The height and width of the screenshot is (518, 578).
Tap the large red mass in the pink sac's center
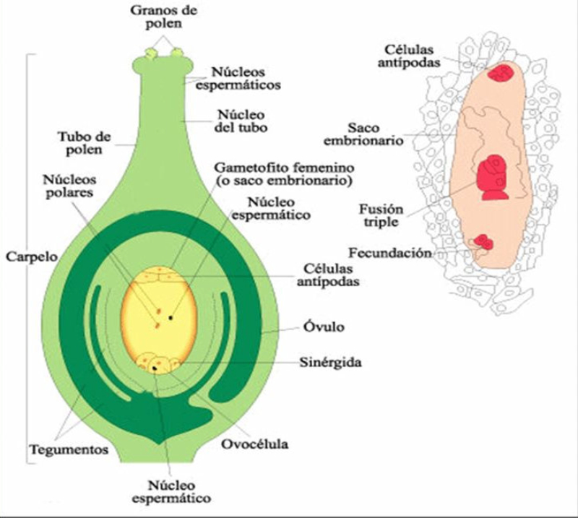click(493, 178)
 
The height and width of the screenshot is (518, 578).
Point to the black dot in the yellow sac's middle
click(172, 316)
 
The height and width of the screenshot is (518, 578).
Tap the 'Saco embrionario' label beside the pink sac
click(374, 134)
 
